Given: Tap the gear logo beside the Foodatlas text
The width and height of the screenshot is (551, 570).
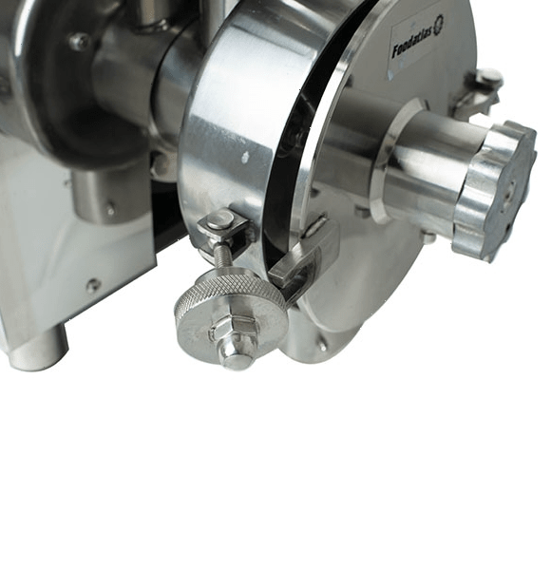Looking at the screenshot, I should click(438, 26).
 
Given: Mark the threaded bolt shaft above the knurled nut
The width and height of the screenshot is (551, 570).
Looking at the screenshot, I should click(221, 256).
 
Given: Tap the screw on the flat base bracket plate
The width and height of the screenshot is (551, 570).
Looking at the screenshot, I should click(92, 284).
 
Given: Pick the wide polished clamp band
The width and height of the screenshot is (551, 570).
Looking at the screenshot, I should click(228, 133).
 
